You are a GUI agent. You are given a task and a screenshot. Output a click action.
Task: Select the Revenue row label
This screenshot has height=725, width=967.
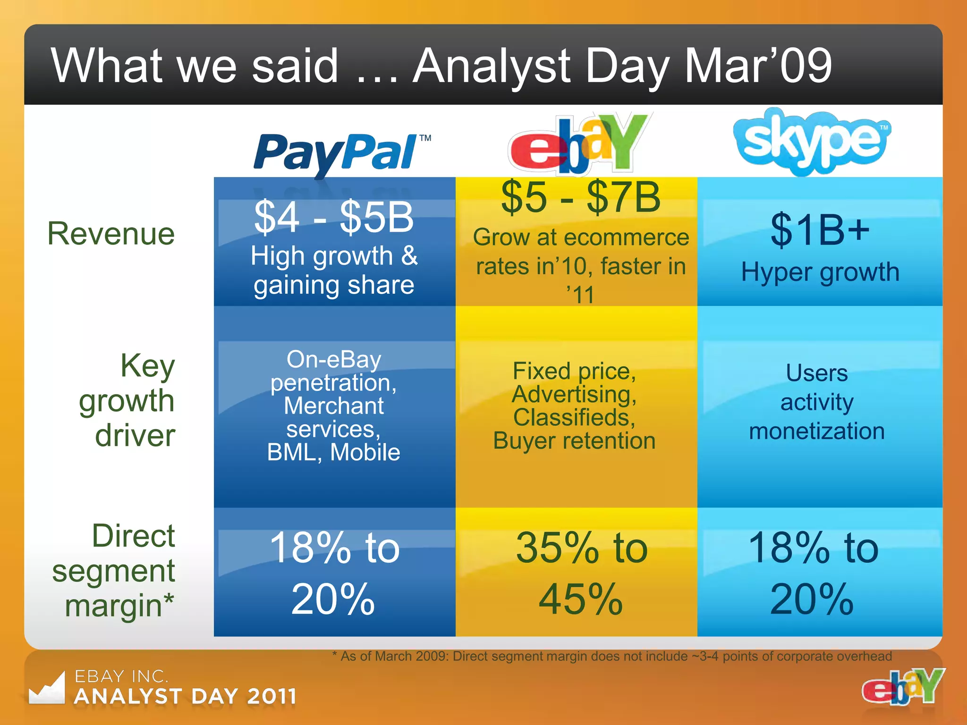tap(111, 234)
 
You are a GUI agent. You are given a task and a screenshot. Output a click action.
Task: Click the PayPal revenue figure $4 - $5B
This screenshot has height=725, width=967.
tap(334, 217)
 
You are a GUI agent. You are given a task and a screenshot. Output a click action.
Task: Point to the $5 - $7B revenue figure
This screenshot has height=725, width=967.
tap(580, 197)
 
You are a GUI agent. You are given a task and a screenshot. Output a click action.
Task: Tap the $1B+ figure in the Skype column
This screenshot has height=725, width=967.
tap(820, 230)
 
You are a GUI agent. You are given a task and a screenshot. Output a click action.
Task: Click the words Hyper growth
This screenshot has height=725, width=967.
tap(820, 272)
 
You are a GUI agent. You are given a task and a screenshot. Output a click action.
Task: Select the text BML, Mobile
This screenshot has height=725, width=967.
tap(334, 452)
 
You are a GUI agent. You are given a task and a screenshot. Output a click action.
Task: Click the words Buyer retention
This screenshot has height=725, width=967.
tap(574, 441)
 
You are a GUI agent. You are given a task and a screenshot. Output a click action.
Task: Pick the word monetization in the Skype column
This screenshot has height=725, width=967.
tap(817, 431)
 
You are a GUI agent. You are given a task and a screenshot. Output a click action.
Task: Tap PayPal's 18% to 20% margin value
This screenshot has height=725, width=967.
tap(334, 573)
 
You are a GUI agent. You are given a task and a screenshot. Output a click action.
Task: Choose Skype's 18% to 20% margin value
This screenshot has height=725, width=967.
tap(813, 573)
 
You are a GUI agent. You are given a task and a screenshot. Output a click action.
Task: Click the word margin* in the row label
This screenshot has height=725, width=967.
tap(119, 606)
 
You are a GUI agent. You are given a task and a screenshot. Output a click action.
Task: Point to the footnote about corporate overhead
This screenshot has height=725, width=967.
tap(612, 657)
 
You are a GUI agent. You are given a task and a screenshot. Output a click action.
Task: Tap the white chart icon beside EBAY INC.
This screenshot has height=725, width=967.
tap(47, 689)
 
